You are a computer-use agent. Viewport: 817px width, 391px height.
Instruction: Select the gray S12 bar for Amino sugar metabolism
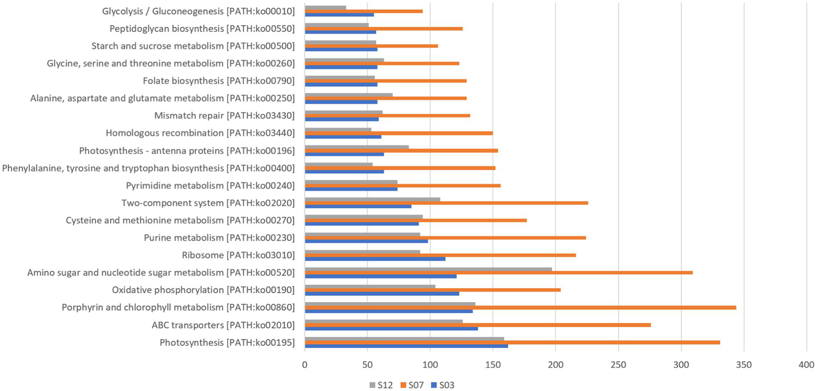click(428, 269)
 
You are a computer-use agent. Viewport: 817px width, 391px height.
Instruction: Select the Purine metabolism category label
click(219, 237)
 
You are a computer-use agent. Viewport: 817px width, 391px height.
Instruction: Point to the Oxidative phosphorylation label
click(203, 290)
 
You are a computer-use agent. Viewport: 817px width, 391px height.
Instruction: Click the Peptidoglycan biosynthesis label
click(202, 28)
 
